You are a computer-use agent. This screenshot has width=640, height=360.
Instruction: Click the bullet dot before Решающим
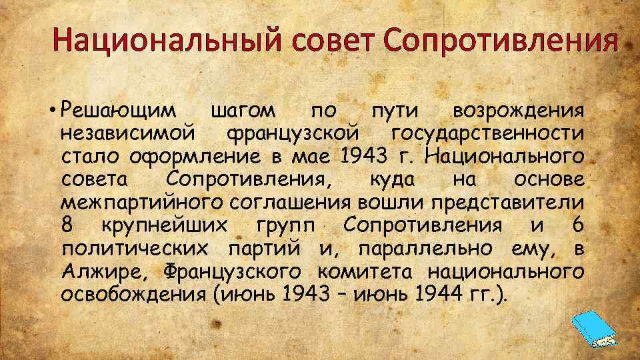pyautogui.click(x=51, y=109)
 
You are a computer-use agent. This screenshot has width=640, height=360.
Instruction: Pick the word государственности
pyautogui.click(x=489, y=133)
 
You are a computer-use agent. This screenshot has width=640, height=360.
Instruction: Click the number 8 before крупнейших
pyautogui.click(x=66, y=225)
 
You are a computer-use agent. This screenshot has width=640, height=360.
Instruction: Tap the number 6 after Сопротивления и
pyautogui.click(x=579, y=225)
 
